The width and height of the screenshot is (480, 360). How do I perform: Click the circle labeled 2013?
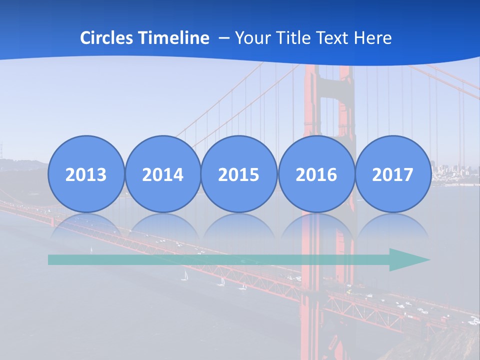coord(86,174)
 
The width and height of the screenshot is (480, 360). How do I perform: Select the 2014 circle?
coord(162,174)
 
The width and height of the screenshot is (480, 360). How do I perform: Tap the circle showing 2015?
coord(239,174)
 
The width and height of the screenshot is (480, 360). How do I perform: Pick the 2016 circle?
coord(316,174)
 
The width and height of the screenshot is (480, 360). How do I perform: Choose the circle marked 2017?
coord(392,174)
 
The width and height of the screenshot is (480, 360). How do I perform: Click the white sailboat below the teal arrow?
coord(184,275)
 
